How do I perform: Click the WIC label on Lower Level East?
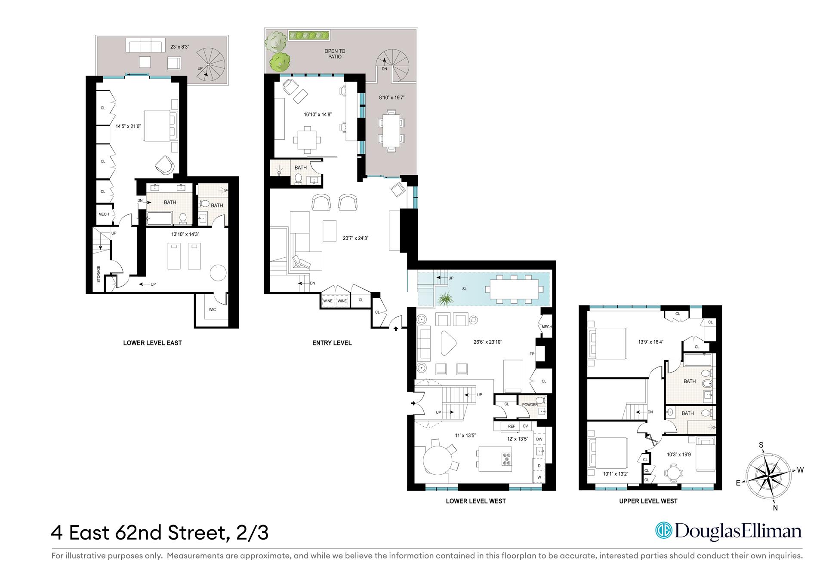point(212,310)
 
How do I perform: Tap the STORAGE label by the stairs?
point(99,274)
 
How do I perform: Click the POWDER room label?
point(530,405)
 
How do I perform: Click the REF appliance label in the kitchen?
point(512,426)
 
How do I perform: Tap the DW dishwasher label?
point(539,439)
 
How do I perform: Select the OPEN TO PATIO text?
point(335,54)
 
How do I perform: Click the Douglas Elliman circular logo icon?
point(663,531)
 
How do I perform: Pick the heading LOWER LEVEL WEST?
point(475,501)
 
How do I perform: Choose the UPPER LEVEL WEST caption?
point(648,501)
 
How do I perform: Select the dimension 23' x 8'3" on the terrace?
point(179,47)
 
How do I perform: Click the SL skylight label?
point(464,289)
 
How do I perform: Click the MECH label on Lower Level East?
point(104,214)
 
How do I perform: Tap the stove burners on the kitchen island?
point(506,459)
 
